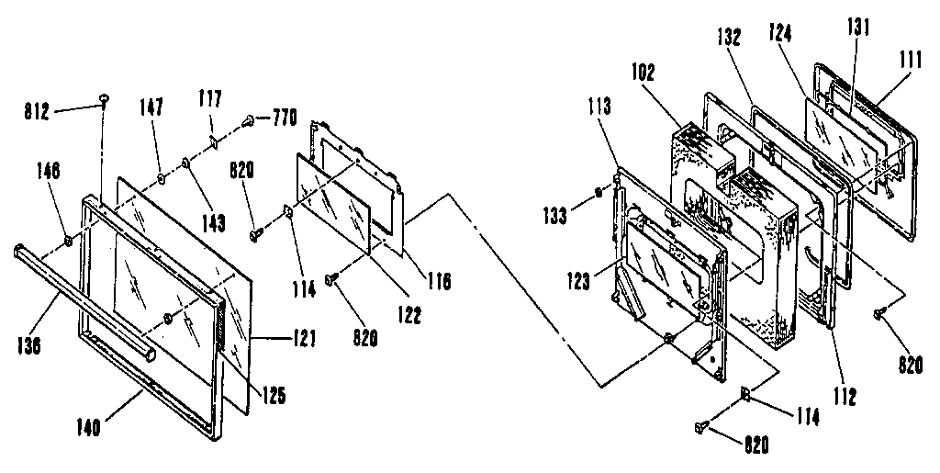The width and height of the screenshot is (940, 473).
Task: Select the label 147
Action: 153,108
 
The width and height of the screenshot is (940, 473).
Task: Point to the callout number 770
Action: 284,118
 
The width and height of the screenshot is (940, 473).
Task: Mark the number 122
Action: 409,315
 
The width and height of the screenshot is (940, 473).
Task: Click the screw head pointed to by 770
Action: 250,119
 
